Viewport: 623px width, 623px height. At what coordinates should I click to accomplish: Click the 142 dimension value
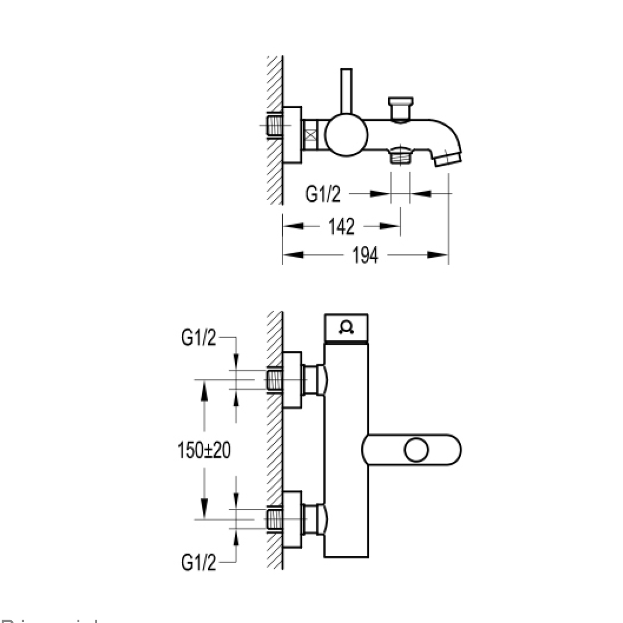pyautogui.click(x=341, y=226)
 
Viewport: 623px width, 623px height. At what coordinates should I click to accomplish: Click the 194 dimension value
pyautogui.click(x=365, y=256)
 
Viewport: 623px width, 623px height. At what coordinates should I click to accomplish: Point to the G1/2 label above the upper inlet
pyautogui.click(x=198, y=339)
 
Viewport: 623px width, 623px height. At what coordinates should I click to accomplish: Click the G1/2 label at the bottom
pyautogui.click(x=198, y=563)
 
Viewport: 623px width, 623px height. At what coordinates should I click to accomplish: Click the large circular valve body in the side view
pyautogui.click(x=346, y=136)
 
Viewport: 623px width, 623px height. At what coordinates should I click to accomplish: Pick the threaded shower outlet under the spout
pyautogui.click(x=400, y=156)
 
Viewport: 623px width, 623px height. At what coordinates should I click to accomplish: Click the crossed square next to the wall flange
pyautogui.click(x=312, y=136)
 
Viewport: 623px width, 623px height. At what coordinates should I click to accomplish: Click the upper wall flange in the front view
pyautogui.click(x=292, y=380)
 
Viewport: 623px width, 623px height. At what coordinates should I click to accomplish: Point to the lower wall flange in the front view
pyautogui.click(x=292, y=519)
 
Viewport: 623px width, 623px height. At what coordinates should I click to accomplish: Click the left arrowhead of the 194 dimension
pyautogui.click(x=293, y=255)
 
